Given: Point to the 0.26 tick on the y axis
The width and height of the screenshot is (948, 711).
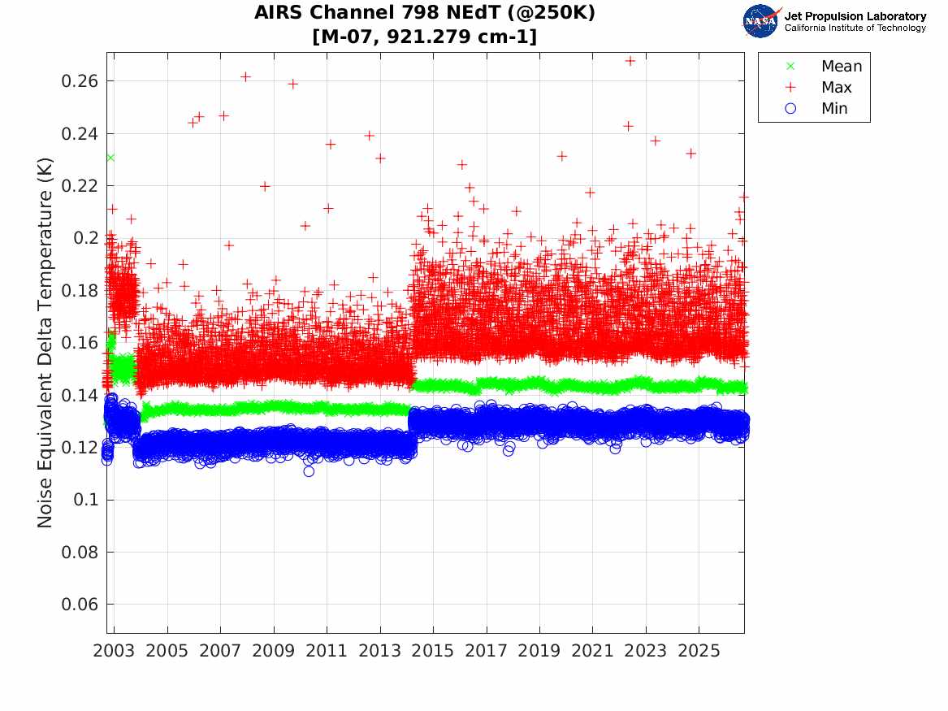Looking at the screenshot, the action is (x=79, y=81).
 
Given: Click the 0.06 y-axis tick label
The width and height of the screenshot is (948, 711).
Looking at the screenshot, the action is (x=79, y=604).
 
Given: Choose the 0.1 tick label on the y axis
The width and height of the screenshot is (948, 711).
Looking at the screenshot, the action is (x=85, y=500).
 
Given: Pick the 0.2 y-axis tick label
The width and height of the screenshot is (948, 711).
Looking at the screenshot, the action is (x=85, y=237).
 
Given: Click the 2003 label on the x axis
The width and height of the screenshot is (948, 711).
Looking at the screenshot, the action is (x=114, y=651).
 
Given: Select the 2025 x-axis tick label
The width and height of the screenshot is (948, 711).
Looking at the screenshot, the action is (x=699, y=651).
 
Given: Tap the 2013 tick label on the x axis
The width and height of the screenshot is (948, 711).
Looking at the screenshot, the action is (x=379, y=651).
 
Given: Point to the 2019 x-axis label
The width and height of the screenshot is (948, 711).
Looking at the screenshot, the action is (x=539, y=651).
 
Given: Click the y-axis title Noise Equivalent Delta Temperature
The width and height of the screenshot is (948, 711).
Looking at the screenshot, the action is (x=45, y=343).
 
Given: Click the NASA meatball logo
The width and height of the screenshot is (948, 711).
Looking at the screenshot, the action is (x=761, y=21).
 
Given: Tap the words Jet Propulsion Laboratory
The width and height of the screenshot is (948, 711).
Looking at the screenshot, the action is (x=855, y=16).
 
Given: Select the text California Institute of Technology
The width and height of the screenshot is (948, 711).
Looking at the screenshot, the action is (x=855, y=28).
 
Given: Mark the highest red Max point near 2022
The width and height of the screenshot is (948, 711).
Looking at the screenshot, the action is (x=630, y=61).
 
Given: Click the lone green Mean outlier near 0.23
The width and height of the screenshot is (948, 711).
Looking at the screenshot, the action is (x=110, y=158).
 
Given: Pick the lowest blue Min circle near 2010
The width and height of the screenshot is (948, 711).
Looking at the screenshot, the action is (x=309, y=471).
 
